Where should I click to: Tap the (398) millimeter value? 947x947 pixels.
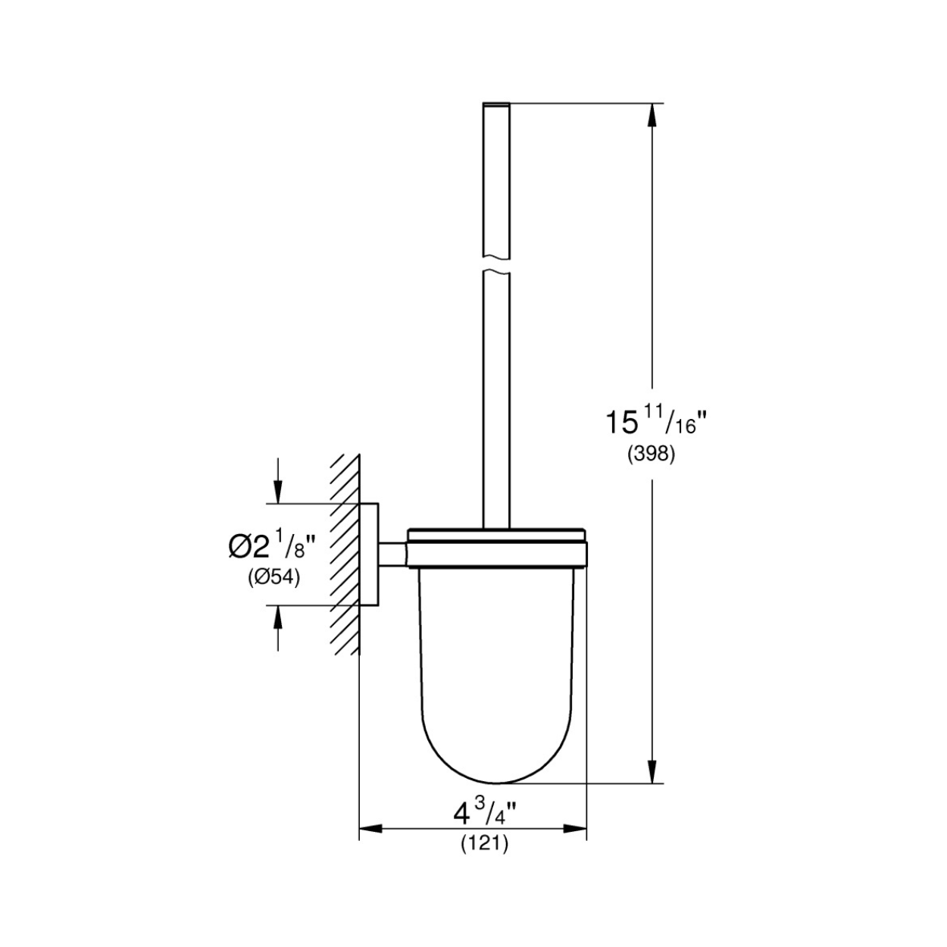(x=652, y=455)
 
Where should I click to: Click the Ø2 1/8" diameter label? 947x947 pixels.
(x=271, y=546)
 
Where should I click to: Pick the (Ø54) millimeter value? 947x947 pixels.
(x=273, y=577)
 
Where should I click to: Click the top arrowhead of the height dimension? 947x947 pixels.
(x=652, y=116)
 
